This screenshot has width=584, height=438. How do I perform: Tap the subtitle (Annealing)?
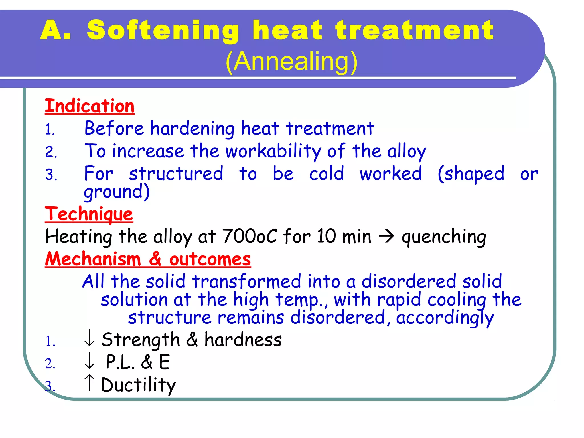(x=291, y=61)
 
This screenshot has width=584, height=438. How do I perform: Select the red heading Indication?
(x=90, y=106)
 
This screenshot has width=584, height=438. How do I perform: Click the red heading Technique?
(x=89, y=214)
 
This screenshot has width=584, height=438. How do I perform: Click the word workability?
(x=273, y=151)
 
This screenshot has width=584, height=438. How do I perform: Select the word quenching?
(x=444, y=237)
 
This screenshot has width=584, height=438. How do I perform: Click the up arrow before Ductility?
(x=89, y=383)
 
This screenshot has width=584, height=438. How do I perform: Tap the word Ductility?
(x=139, y=385)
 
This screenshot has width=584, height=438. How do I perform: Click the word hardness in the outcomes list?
(x=243, y=340)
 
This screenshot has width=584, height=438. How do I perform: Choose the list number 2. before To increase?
(x=51, y=152)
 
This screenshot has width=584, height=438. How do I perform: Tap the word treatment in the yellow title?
(x=415, y=31)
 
